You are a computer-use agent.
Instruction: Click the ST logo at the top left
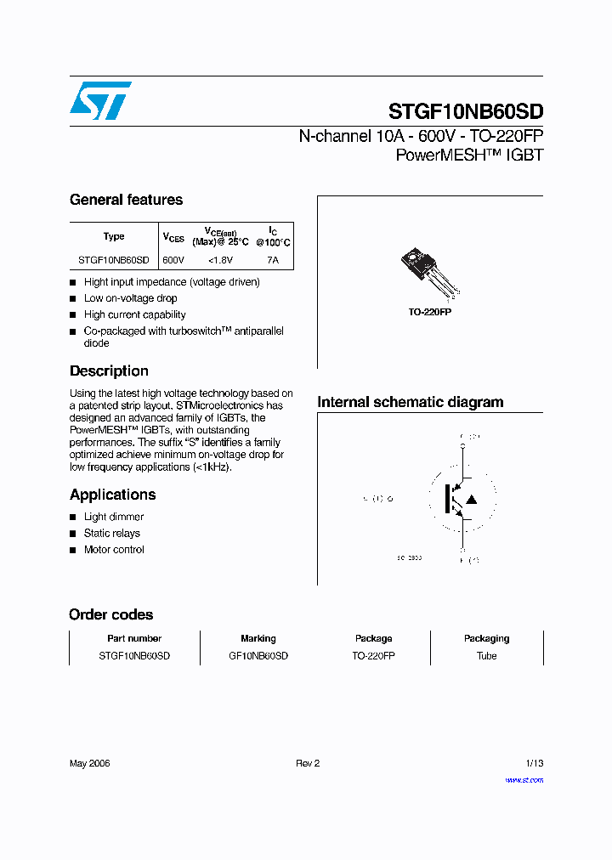pyautogui.click(x=100, y=100)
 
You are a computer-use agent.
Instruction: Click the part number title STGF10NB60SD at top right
pyautogui.click(x=465, y=111)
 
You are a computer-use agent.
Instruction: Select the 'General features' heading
pyautogui.click(x=126, y=200)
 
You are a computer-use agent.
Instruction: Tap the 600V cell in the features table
pyautogui.click(x=173, y=261)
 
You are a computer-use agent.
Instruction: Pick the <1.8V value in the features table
pyautogui.click(x=220, y=261)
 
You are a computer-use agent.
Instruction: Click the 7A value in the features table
pyautogui.click(x=272, y=261)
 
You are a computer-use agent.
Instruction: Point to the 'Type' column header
pyautogui.click(x=114, y=236)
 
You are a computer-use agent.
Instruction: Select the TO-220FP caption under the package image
pyautogui.click(x=429, y=313)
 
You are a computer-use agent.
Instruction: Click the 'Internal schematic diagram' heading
pyautogui.click(x=410, y=402)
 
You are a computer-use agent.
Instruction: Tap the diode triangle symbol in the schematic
pyautogui.click(x=472, y=499)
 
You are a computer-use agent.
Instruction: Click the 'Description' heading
pyautogui.click(x=109, y=371)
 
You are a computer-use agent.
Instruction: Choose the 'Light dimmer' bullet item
pyautogui.click(x=114, y=517)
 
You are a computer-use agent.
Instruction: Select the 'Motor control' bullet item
pyautogui.click(x=114, y=550)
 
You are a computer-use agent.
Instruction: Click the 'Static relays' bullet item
pyautogui.click(x=112, y=534)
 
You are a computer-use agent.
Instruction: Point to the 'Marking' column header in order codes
pyautogui.click(x=258, y=638)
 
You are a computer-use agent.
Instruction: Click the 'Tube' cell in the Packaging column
pyautogui.click(x=486, y=656)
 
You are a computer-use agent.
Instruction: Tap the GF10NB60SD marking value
pyautogui.click(x=258, y=656)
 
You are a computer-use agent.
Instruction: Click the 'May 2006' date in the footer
pyautogui.click(x=89, y=763)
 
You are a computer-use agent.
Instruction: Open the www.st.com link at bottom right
pyautogui.click(x=524, y=779)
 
